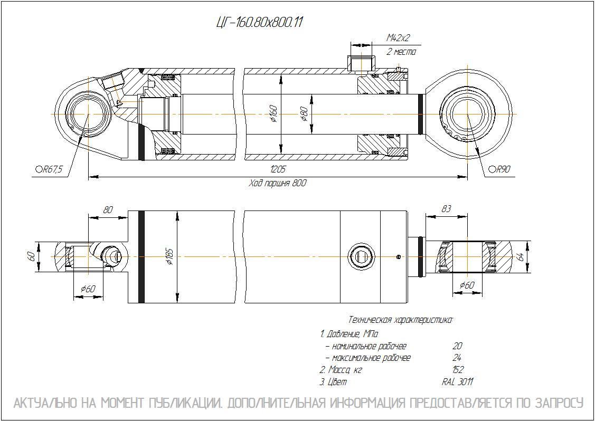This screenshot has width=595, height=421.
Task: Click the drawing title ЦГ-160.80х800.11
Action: [x=259, y=23]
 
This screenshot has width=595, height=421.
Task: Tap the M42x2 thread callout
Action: [x=398, y=38]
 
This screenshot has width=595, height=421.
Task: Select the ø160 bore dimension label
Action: [x=273, y=114]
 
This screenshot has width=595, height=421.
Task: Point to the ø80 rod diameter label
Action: [x=304, y=114]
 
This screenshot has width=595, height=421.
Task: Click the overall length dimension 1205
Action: [x=278, y=169]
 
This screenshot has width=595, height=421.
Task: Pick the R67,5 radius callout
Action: [x=49, y=169]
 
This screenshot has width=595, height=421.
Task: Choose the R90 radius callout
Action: [x=499, y=169]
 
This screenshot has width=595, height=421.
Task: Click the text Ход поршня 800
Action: [x=277, y=184]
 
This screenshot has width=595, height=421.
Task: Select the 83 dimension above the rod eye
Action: [x=447, y=209]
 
